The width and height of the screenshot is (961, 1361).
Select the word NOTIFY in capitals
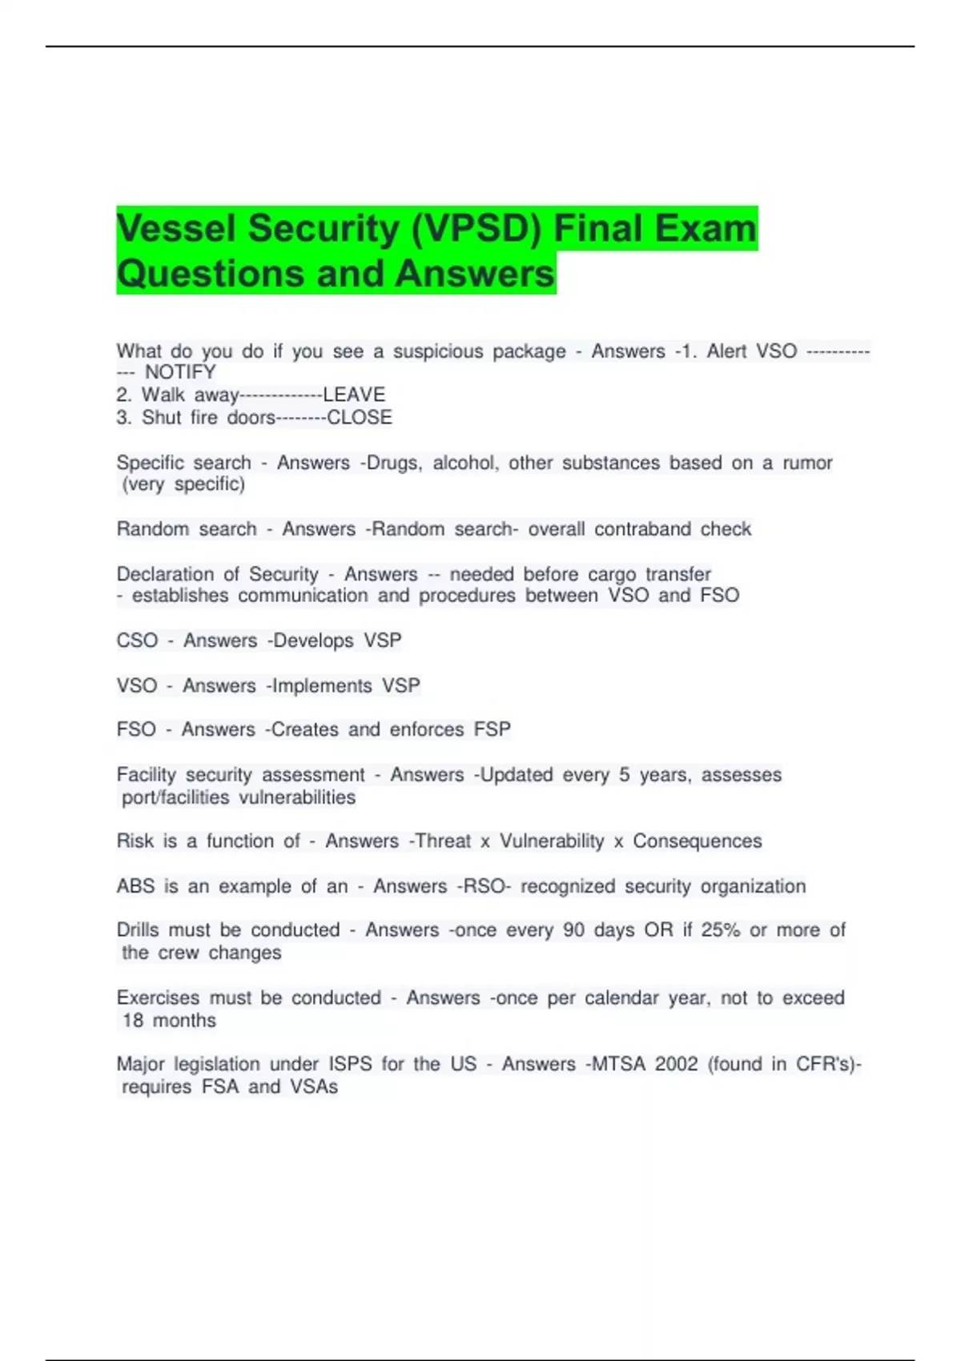(x=180, y=372)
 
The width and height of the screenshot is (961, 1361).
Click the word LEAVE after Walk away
(x=354, y=395)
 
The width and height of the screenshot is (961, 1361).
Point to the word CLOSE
(x=360, y=418)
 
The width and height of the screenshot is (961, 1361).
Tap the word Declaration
(x=165, y=574)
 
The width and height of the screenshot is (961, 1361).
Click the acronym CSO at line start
(x=137, y=640)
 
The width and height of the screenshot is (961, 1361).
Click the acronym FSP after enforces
(x=493, y=729)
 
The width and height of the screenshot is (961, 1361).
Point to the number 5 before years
(x=624, y=775)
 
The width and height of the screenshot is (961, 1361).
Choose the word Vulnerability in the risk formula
(x=552, y=841)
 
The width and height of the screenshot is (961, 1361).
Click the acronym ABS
(x=135, y=886)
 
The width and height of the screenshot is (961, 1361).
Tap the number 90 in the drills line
(x=573, y=930)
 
